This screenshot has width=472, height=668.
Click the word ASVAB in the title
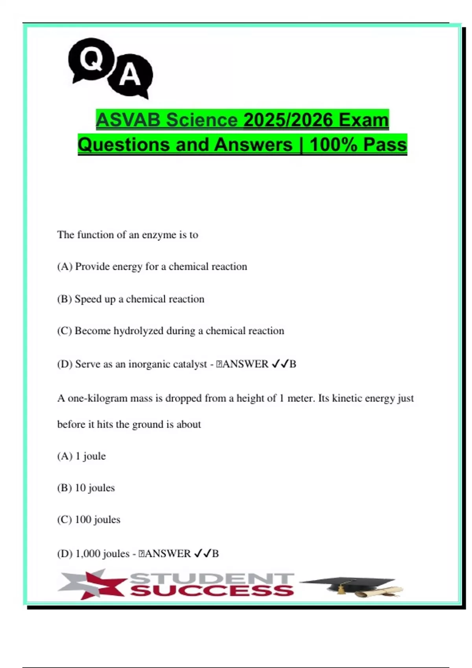coord(127,120)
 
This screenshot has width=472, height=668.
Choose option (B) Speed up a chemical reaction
coord(131,299)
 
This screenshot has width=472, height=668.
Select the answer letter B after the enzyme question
coord(293,364)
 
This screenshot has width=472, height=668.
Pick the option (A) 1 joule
coord(81,456)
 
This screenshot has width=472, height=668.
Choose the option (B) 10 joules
coord(86,488)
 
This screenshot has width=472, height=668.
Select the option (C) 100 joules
coord(88,519)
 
